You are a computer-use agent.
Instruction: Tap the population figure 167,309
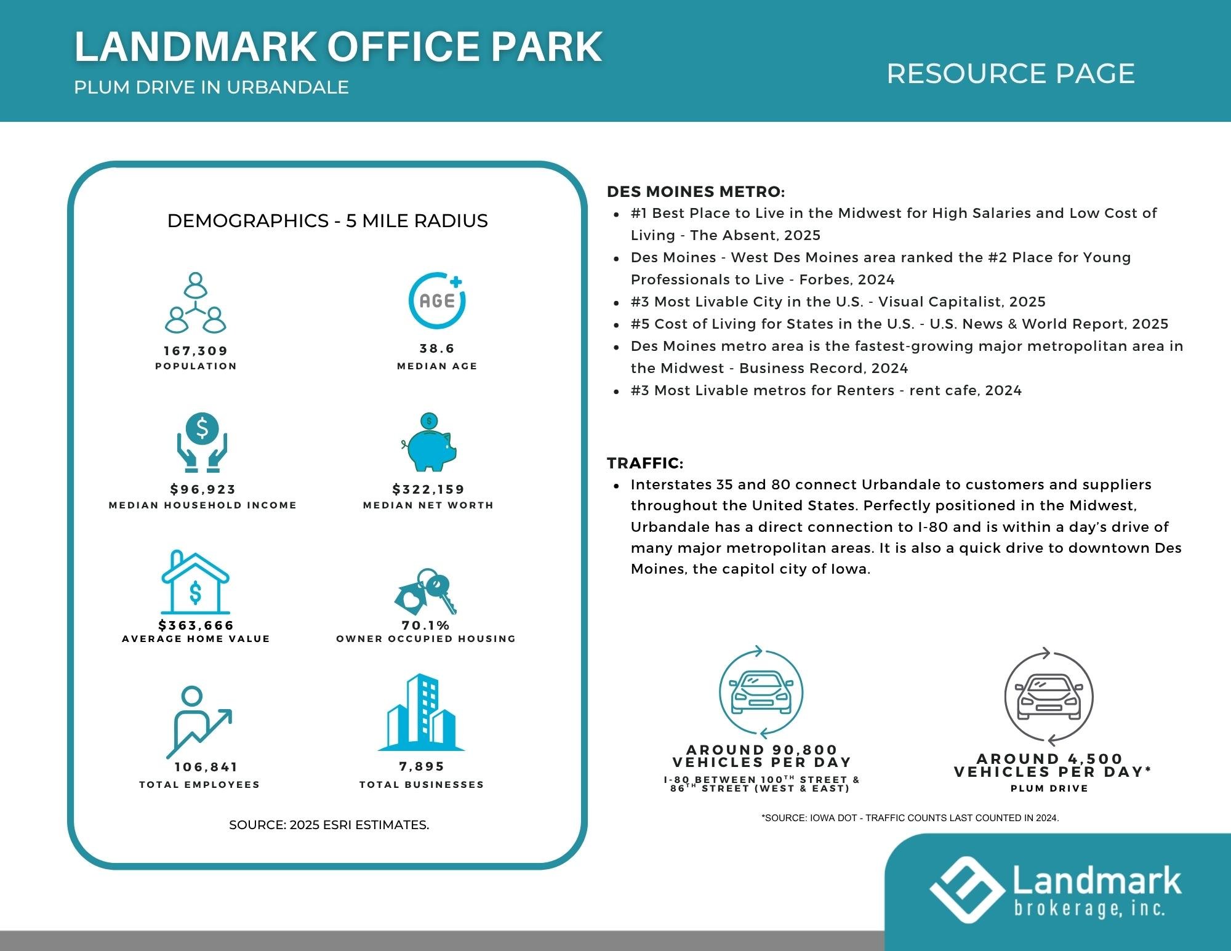click(196, 351)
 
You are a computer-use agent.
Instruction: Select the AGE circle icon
click(437, 300)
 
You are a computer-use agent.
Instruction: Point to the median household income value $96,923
click(203, 489)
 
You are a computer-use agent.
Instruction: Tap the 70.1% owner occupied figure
click(426, 625)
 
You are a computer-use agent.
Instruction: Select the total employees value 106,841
click(206, 767)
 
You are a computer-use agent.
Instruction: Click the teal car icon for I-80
click(761, 692)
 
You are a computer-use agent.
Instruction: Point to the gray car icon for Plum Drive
click(1049, 697)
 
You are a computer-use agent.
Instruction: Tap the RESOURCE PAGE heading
click(1011, 74)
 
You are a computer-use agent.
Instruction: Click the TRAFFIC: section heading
click(645, 463)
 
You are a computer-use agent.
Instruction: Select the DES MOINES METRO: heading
click(696, 191)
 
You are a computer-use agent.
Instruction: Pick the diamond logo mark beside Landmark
click(966, 890)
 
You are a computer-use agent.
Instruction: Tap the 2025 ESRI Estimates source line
click(329, 825)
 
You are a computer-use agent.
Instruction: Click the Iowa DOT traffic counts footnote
click(910, 818)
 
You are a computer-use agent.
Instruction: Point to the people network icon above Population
click(195, 302)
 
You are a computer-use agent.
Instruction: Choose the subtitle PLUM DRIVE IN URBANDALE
click(212, 87)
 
